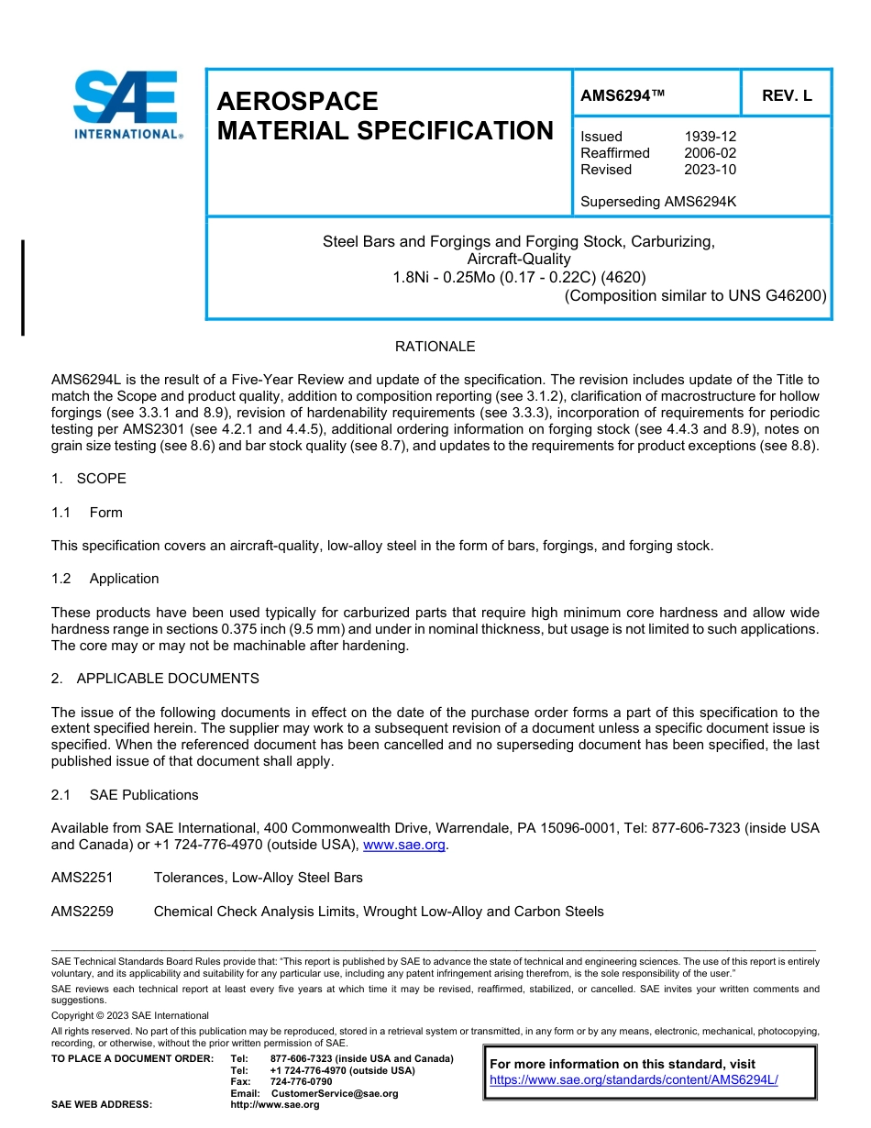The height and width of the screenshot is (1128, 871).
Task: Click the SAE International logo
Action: [127, 105]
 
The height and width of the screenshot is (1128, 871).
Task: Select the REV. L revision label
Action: [786, 95]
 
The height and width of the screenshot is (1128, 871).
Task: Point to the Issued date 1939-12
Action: [710, 137]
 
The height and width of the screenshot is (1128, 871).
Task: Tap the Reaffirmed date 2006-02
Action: [710, 153]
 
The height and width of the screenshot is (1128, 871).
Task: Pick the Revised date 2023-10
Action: [710, 170]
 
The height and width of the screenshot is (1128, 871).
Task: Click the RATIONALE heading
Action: [435, 347]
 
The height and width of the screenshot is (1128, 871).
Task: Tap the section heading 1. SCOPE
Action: [89, 479]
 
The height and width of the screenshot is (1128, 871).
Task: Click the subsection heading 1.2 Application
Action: [105, 579]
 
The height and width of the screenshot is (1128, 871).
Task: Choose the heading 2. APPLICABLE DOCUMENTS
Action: [155, 679]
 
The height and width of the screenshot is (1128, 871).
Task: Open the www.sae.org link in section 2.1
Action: [404, 845]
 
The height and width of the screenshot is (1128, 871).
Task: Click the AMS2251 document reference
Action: [83, 878]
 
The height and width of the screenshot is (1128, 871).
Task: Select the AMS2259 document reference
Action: [83, 912]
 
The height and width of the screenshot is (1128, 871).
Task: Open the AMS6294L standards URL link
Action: [634, 1080]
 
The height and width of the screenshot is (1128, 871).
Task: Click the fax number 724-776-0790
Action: [301, 1082]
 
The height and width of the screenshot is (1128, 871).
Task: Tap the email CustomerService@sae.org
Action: [334, 1093]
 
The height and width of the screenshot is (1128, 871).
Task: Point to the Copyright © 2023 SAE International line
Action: [130, 1015]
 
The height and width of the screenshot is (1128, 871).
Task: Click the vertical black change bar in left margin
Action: [23, 288]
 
